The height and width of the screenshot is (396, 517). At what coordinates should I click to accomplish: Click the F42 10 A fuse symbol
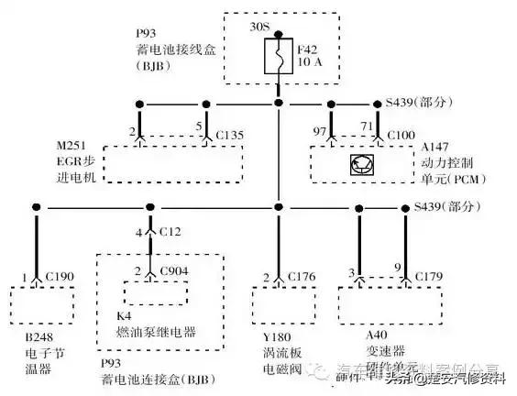click(x=279, y=60)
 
